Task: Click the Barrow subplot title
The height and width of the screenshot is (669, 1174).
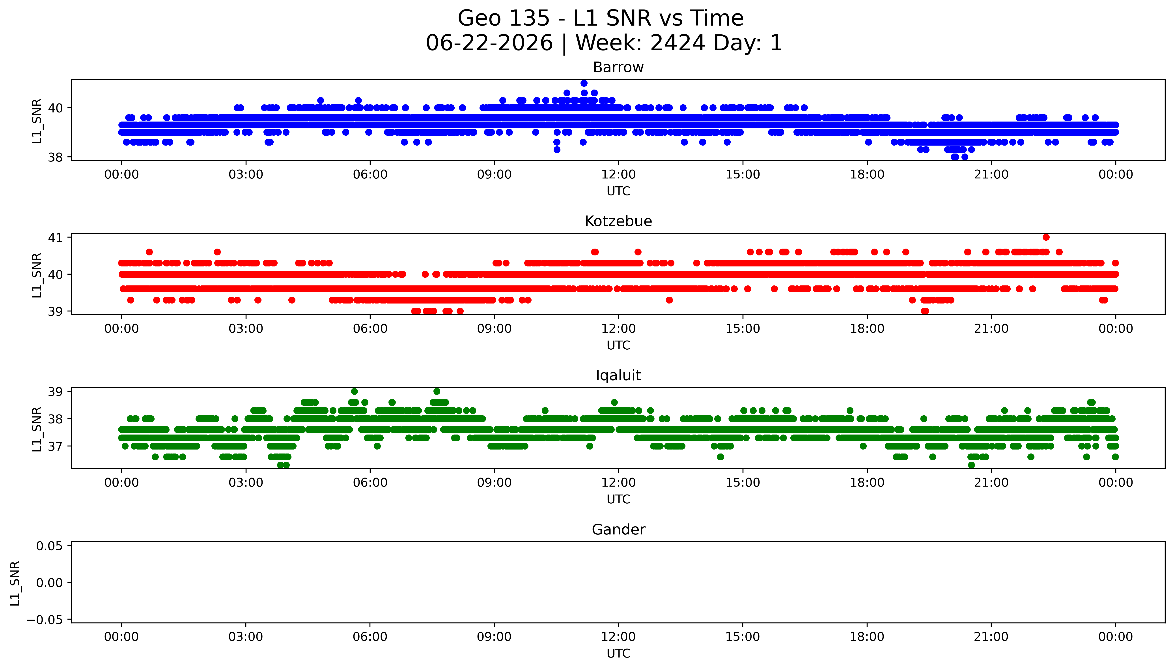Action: [x=618, y=67]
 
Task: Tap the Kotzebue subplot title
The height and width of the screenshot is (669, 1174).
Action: [x=618, y=221]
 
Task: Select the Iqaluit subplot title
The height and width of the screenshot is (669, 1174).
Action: [x=618, y=375]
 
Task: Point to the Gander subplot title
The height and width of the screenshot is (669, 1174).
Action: [x=618, y=530]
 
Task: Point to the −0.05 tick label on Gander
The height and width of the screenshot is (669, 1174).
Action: [x=45, y=620]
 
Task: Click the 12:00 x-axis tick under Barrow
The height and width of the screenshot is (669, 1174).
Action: [x=618, y=175]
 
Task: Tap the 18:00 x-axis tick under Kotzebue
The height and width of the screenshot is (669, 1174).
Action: [x=867, y=328]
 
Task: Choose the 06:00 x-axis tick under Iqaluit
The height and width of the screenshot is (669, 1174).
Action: [x=370, y=482]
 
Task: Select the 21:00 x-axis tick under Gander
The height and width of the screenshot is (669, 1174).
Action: [x=991, y=637]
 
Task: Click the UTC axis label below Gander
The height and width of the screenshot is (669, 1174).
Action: [x=618, y=653]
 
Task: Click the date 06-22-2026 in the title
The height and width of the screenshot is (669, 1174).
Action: [x=489, y=43]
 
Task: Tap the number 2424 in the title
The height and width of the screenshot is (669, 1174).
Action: [x=677, y=43]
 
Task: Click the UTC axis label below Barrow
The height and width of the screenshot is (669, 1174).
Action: [x=618, y=191]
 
